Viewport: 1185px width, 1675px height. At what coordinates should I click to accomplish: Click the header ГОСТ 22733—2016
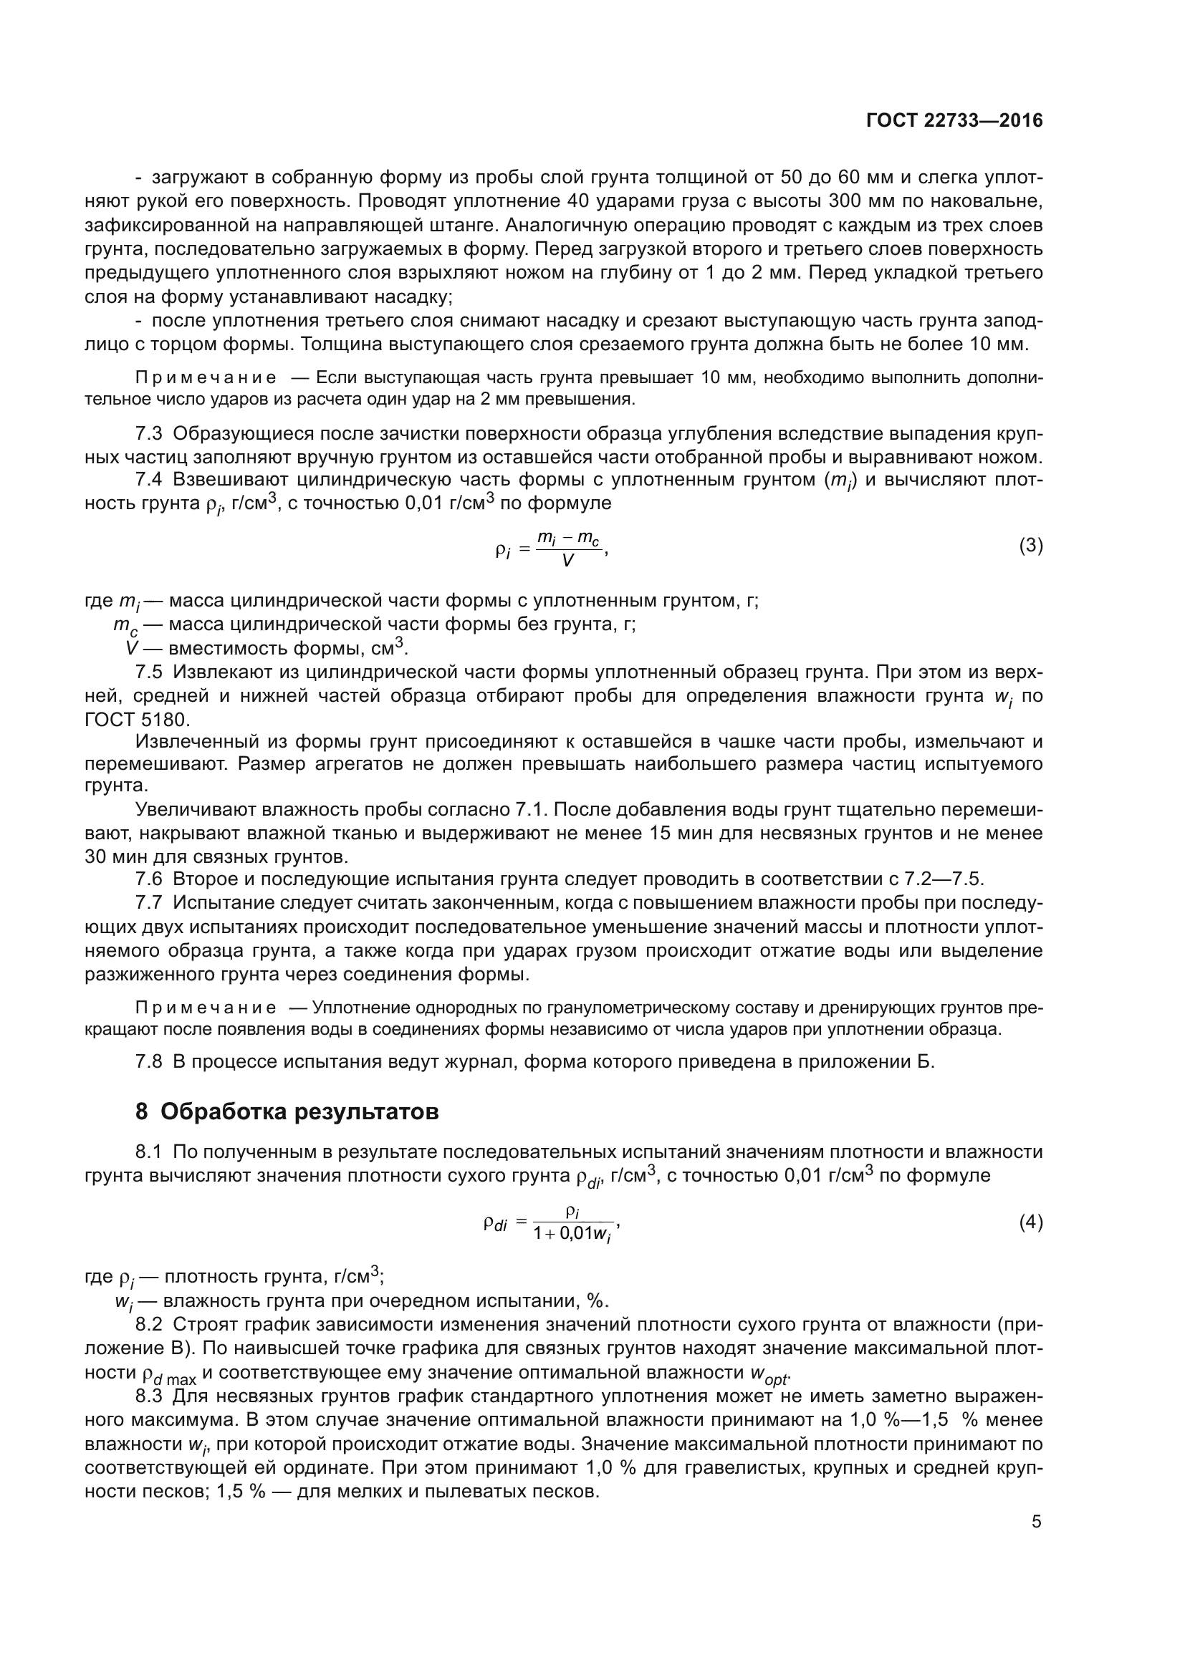[954, 121]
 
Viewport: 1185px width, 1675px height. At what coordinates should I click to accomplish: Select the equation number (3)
[1030, 546]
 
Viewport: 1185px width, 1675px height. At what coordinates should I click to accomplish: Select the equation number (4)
[1030, 1222]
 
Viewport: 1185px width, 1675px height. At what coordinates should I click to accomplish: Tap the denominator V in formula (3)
[567, 561]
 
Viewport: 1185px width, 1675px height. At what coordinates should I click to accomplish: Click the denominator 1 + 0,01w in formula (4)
[572, 1235]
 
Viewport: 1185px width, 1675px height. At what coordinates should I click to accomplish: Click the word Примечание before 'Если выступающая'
[206, 377]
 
